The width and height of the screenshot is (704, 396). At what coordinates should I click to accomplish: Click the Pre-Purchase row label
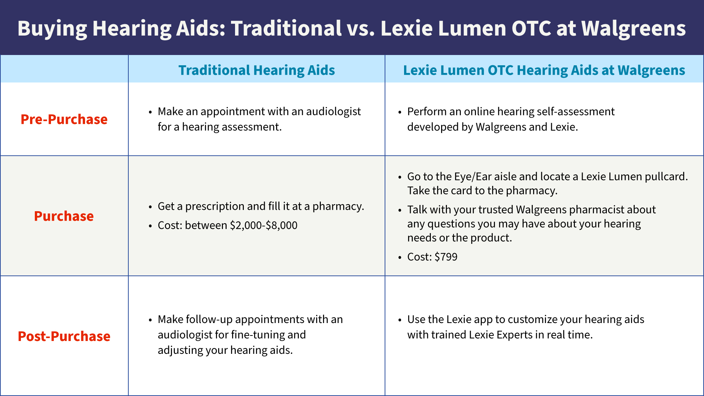[64, 119]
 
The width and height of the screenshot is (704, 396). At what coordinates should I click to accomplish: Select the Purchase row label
[64, 216]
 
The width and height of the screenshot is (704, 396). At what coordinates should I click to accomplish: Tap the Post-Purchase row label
[64, 336]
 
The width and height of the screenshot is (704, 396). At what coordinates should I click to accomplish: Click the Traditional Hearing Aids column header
[257, 70]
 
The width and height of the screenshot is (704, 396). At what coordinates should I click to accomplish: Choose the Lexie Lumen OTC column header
[544, 70]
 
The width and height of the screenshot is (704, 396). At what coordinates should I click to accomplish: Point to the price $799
[446, 257]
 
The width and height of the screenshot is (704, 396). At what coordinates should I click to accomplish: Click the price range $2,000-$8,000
[264, 225]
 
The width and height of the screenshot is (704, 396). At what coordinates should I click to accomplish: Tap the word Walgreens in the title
[633, 29]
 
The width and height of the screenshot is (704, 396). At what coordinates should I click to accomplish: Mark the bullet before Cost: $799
[400, 257]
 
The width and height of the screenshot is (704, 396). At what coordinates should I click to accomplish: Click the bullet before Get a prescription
[150, 207]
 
